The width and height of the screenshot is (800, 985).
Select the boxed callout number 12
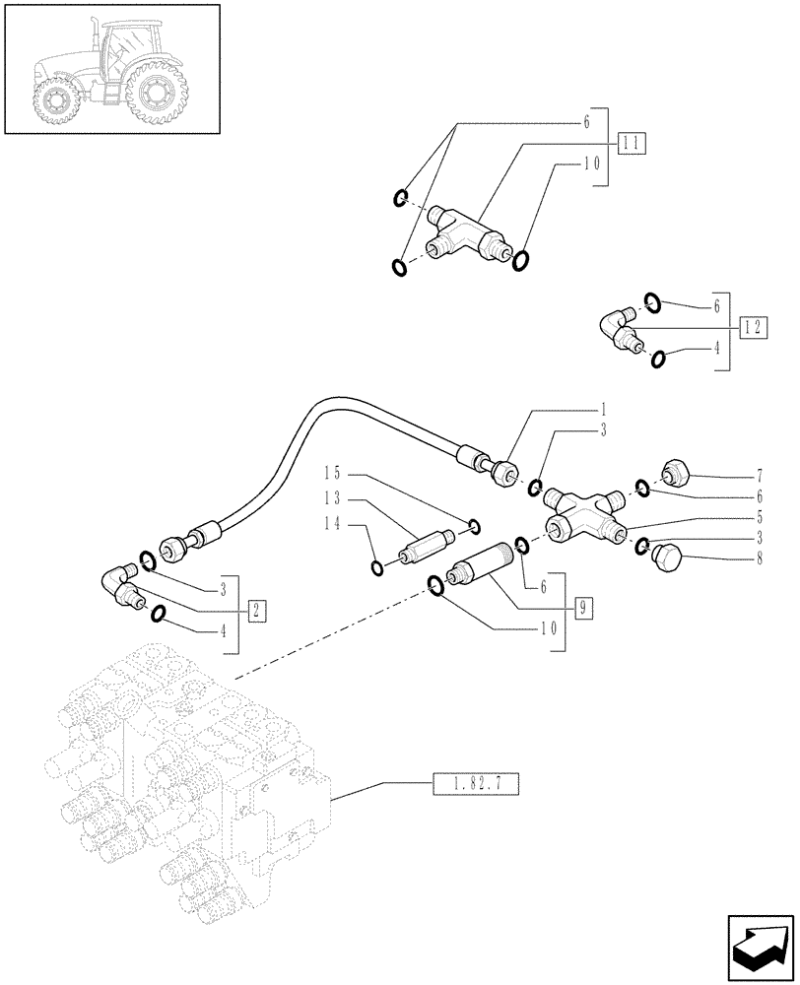click(x=753, y=327)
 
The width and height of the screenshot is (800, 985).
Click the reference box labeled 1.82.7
click(x=475, y=785)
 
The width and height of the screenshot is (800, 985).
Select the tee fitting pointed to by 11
click(x=466, y=237)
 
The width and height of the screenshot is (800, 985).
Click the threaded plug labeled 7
click(x=677, y=473)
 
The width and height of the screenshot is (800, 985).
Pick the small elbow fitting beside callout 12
click(x=619, y=330)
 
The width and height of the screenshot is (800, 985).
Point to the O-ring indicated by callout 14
click(x=376, y=566)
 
